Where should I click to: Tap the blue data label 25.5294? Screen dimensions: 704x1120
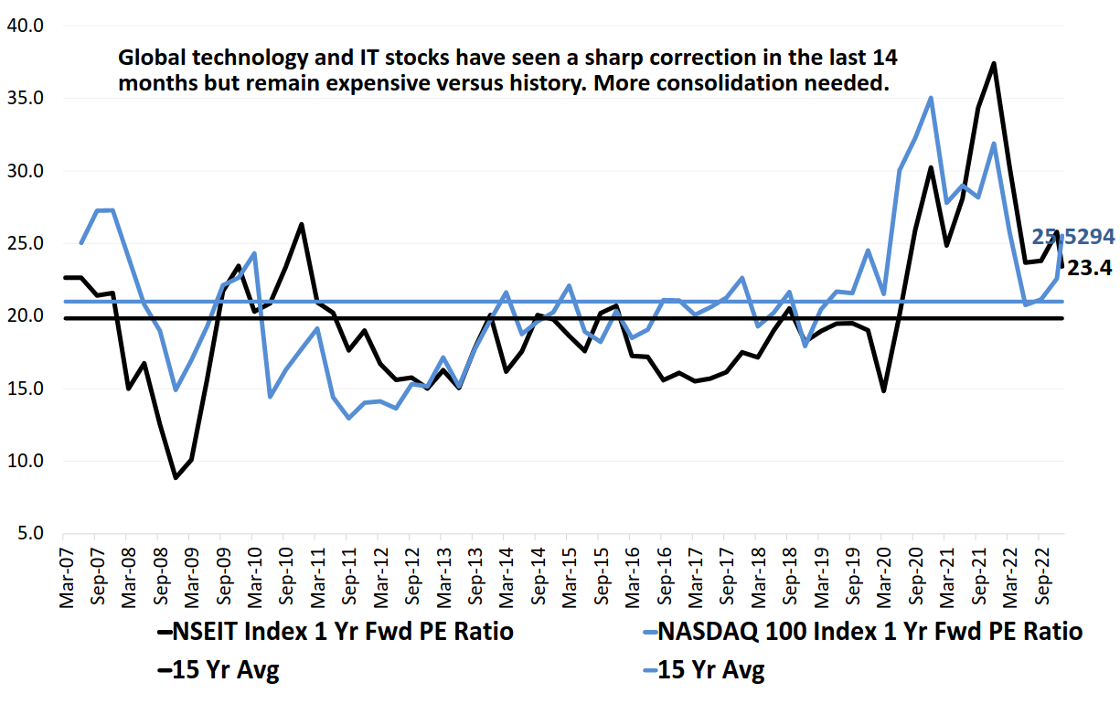tap(1073, 237)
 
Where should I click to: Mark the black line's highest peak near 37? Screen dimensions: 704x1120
tap(994, 63)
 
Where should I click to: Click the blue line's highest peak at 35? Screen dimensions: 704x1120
tap(931, 98)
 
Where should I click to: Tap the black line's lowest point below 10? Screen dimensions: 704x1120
tap(176, 477)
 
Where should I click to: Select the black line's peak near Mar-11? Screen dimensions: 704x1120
tap(302, 224)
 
